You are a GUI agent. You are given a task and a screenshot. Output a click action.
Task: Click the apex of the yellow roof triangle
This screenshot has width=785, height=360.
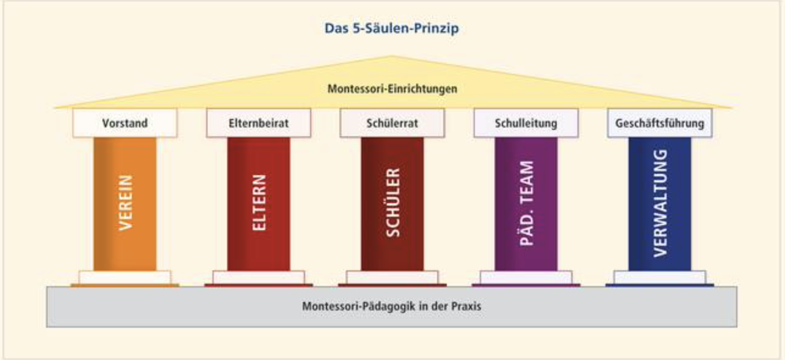click(392, 56)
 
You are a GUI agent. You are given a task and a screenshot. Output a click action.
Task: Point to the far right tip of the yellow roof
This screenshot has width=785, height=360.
click(733, 108)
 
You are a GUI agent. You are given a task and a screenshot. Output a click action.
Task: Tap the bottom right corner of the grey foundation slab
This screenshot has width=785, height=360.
click(737, 327)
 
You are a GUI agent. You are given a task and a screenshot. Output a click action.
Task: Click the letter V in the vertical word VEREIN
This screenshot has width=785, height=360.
click(126, 225)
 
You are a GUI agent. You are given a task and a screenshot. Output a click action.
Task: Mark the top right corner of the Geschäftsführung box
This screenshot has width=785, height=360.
click(712, 109)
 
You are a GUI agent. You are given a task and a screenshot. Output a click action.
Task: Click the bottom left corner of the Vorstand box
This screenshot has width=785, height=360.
click(73, 137)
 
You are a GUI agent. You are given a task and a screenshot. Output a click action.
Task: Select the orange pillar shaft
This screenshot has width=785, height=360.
click(125, 204)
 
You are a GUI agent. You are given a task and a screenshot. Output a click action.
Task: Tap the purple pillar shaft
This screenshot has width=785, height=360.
click(526, 204)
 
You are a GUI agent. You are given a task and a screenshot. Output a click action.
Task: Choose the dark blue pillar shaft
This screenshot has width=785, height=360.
click(660, 204)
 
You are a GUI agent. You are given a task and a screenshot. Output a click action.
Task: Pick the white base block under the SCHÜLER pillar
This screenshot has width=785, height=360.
click(392, 278)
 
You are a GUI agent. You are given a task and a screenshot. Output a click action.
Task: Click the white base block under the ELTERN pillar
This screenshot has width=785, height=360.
click(259, 278)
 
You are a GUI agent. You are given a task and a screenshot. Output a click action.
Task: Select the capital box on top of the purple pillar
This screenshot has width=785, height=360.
click(526, 123)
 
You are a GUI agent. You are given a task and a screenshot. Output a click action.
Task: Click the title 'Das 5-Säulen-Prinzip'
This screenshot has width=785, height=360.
click(391, 28)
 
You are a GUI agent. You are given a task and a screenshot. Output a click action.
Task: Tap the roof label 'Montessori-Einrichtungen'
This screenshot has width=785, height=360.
click(392, 89)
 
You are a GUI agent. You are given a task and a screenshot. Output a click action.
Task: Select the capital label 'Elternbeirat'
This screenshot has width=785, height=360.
click(259, 123)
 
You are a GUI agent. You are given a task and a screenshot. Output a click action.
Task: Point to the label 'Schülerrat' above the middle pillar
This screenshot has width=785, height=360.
click(392, 123)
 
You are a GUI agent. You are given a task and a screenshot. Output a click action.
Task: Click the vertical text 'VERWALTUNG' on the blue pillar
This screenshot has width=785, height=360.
click(660, 203)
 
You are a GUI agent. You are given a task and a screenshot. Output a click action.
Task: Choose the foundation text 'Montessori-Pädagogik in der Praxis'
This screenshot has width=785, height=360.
click(391, 306)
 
